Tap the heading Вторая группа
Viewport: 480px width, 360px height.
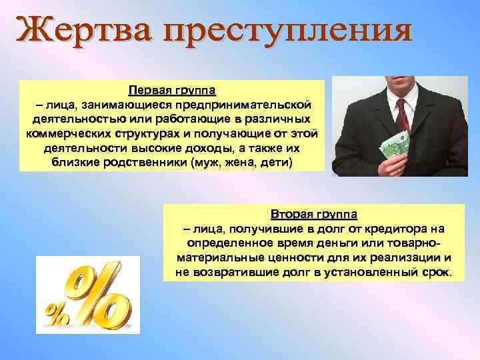pos(314,215)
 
